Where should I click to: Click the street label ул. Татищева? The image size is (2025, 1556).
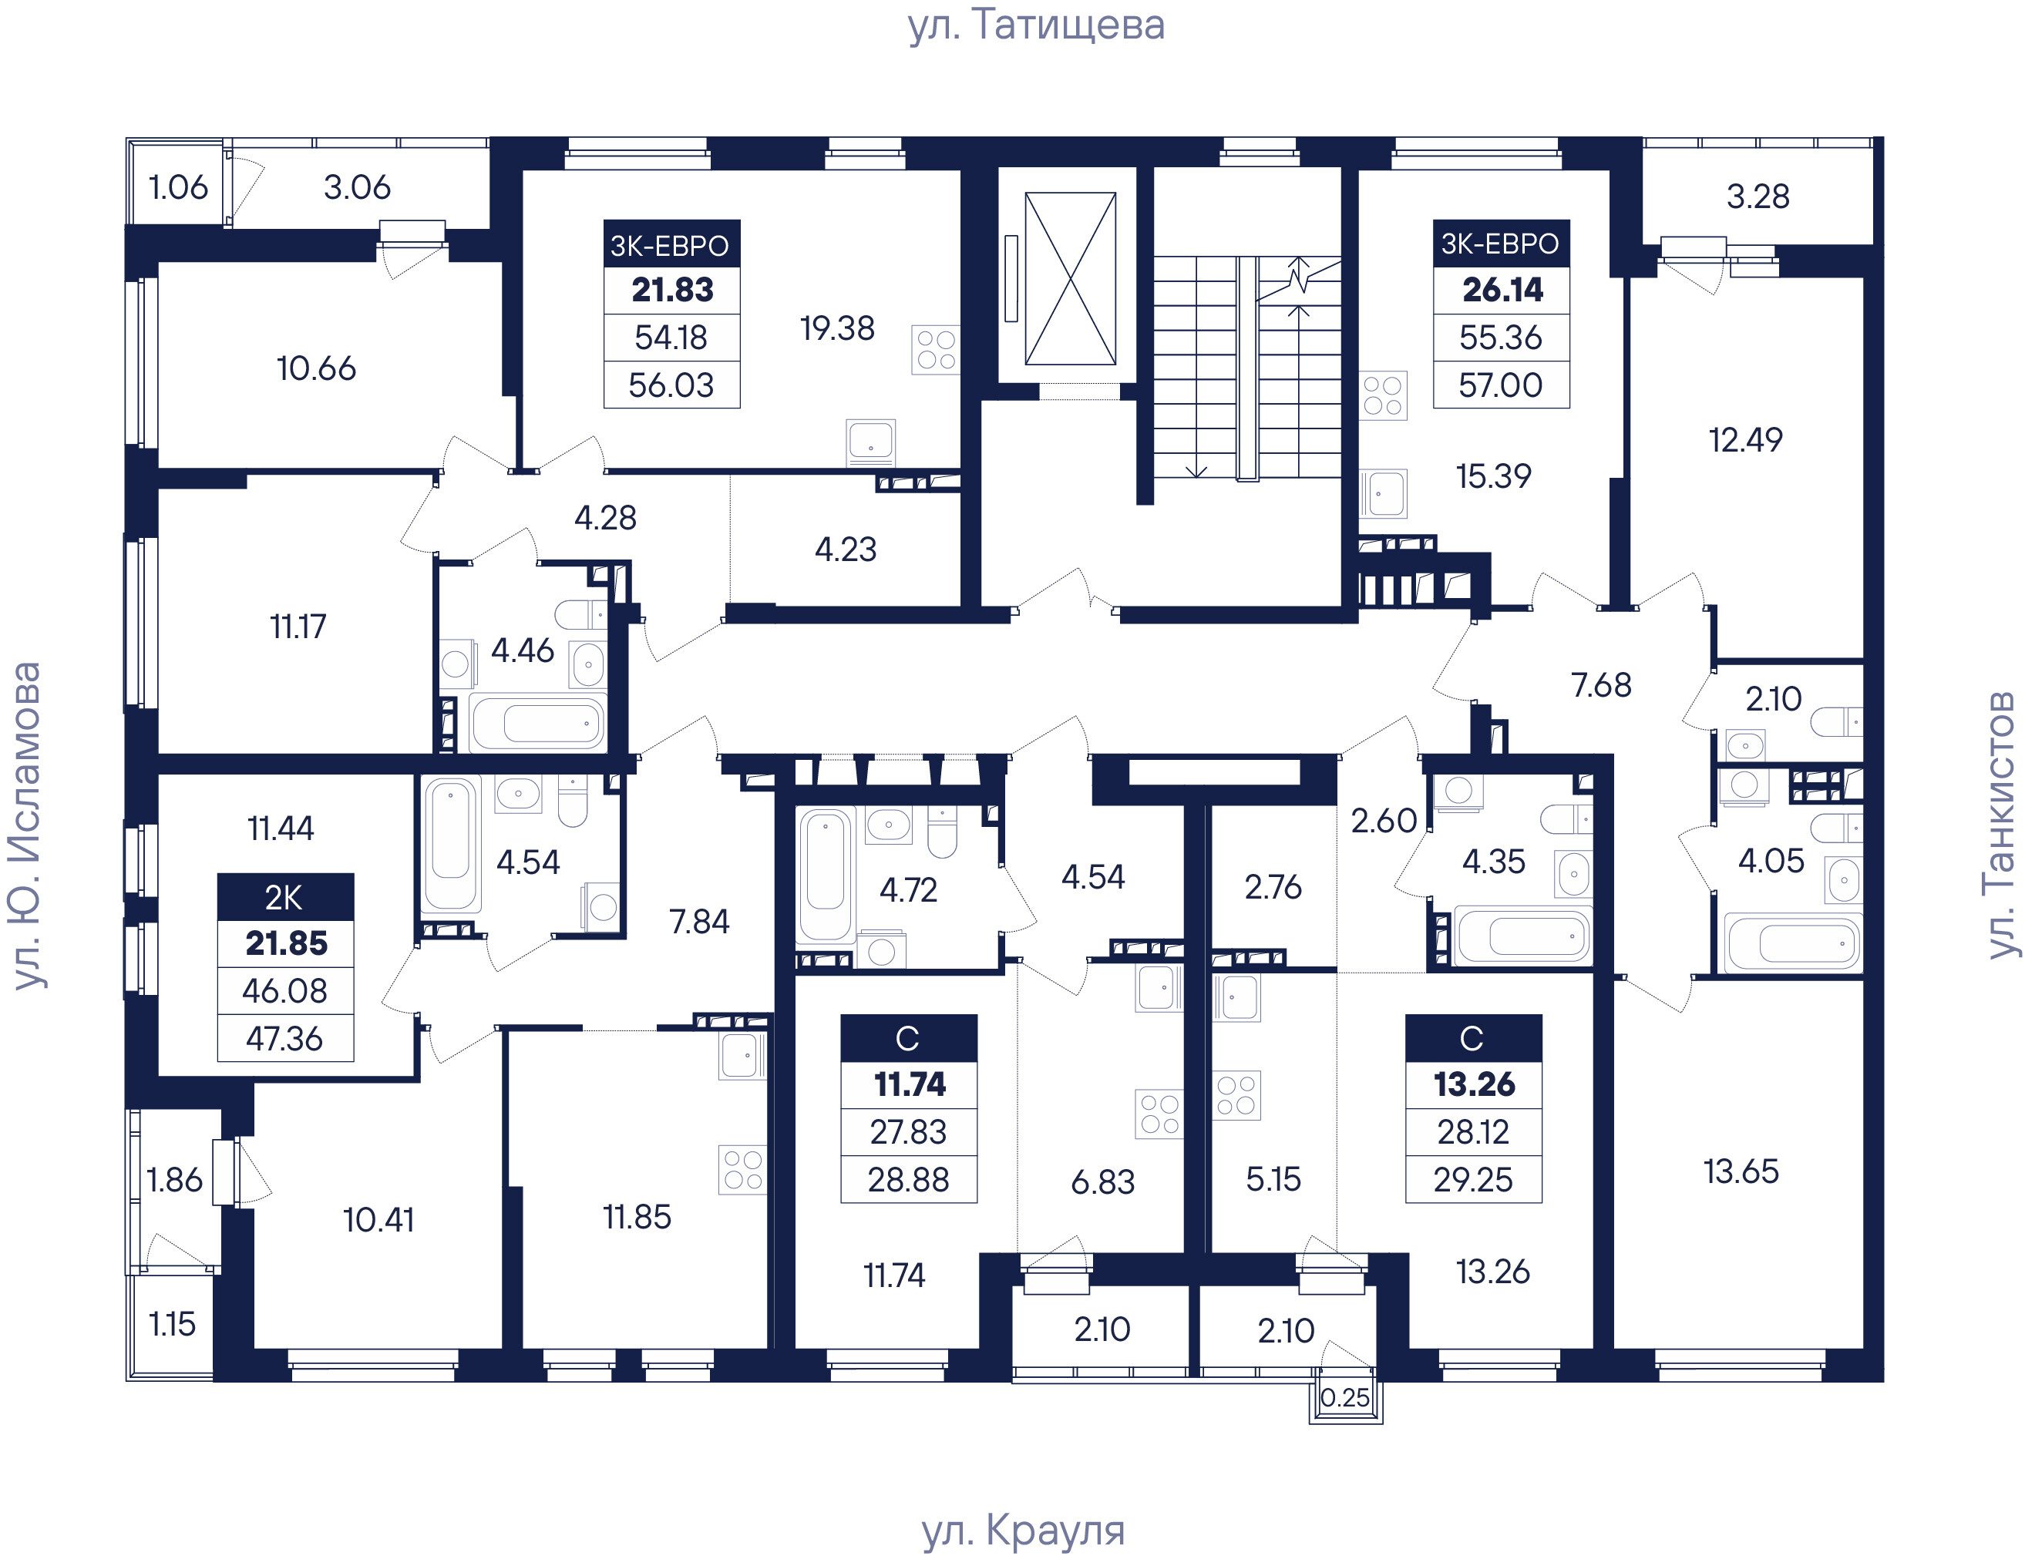pos(1036,26)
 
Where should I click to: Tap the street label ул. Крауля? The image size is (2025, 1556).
pos(1024,1531)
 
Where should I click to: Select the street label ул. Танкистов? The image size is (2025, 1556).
pos(2001,825)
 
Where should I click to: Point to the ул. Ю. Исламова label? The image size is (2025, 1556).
pos(28,825)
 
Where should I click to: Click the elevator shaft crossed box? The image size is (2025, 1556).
pos(1070,279)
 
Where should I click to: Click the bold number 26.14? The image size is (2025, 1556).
pos(1502,290)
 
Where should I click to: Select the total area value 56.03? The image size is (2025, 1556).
pos(671,385)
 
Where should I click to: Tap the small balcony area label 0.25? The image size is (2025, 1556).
pos(1345,1397)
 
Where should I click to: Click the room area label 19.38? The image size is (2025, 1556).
pos(837,328)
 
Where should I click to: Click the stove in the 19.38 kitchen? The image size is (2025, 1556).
pos(936,349)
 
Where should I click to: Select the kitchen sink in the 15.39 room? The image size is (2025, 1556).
pos(1383,492)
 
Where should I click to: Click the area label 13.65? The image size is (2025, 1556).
pos(1741,1171)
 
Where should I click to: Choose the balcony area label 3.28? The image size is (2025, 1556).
pos(1758,197)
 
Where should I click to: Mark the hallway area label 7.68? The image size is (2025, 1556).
pos(1602,685)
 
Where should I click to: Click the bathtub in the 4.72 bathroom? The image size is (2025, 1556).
pos(826,875)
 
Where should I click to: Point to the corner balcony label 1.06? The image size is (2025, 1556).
pos(179,188)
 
